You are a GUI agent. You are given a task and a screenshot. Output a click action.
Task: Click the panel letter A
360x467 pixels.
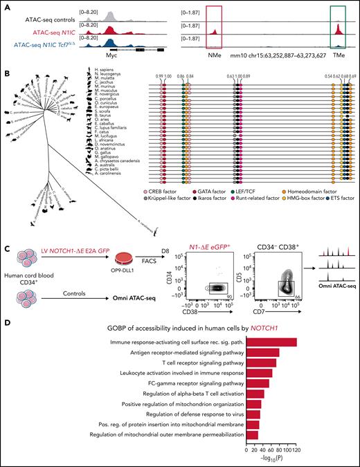(x=5, y=5)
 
